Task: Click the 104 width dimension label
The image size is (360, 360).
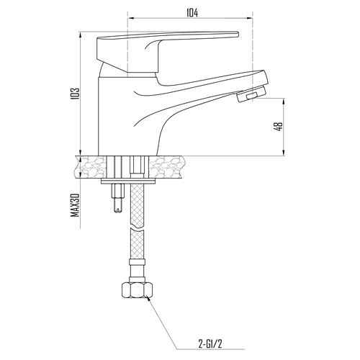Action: tap(192, 13)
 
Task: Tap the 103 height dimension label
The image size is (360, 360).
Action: tap(75, 94)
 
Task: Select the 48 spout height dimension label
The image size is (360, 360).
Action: tap(279, 127)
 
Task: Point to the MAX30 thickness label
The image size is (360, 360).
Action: tap(75, 205)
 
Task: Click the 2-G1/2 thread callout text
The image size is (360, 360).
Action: tap(210, 344)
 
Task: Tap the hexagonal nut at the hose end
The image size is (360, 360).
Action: tap(137, 290)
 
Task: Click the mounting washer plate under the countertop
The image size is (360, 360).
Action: tap(128, 181)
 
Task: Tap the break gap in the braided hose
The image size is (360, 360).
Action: tap(137, 228)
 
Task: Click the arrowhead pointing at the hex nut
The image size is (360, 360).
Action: tap(148, 297)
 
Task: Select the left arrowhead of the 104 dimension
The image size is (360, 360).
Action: tap(131, 18)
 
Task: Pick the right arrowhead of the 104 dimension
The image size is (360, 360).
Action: tap(249, 18)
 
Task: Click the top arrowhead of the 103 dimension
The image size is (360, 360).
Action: tap(80, 35)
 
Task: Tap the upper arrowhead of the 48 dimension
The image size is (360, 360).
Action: tap(284, 102)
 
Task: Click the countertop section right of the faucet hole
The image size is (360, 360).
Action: tap(166, 167)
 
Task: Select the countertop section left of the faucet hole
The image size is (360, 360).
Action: tap(91, 167)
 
